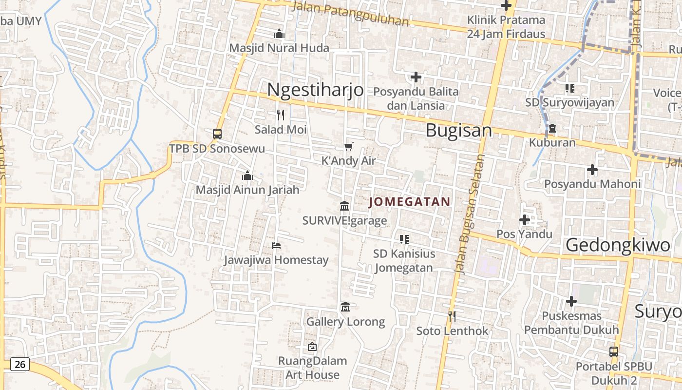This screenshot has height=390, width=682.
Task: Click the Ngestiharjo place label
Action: tap(315, 90)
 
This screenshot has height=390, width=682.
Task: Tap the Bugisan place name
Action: tap(458, 131)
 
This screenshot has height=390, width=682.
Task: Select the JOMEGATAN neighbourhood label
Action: tap(410, 202)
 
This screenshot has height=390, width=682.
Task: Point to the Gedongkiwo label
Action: tap(618, 245)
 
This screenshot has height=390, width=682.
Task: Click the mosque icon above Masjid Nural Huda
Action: tap(279, 34)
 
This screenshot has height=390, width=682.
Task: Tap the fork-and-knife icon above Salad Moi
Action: tap(281, 115)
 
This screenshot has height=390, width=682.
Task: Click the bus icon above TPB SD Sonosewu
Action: tap(217, 134)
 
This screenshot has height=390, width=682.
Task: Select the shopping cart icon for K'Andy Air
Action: tap(348, 146)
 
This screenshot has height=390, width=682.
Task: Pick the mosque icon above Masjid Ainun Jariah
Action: tap(247, 175)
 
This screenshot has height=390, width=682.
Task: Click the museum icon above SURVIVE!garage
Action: tap(344, 206)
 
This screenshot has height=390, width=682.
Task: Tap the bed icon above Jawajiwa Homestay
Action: tap(276, 245)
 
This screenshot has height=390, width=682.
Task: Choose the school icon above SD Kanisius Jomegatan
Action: tap(404, 239)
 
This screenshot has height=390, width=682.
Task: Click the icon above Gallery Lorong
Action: tap(345, 307)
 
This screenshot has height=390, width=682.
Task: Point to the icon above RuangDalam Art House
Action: tap(312, 347)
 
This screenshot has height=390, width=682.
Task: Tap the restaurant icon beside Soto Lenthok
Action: tap(452, 316)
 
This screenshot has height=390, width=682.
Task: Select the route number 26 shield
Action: tap(19, 364)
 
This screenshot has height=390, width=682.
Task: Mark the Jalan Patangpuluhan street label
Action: tap(350, 13)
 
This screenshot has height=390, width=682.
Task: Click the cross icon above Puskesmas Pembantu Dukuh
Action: tap(571, 301)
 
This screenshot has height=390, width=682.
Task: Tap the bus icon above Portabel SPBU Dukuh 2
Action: tap(614, 351)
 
